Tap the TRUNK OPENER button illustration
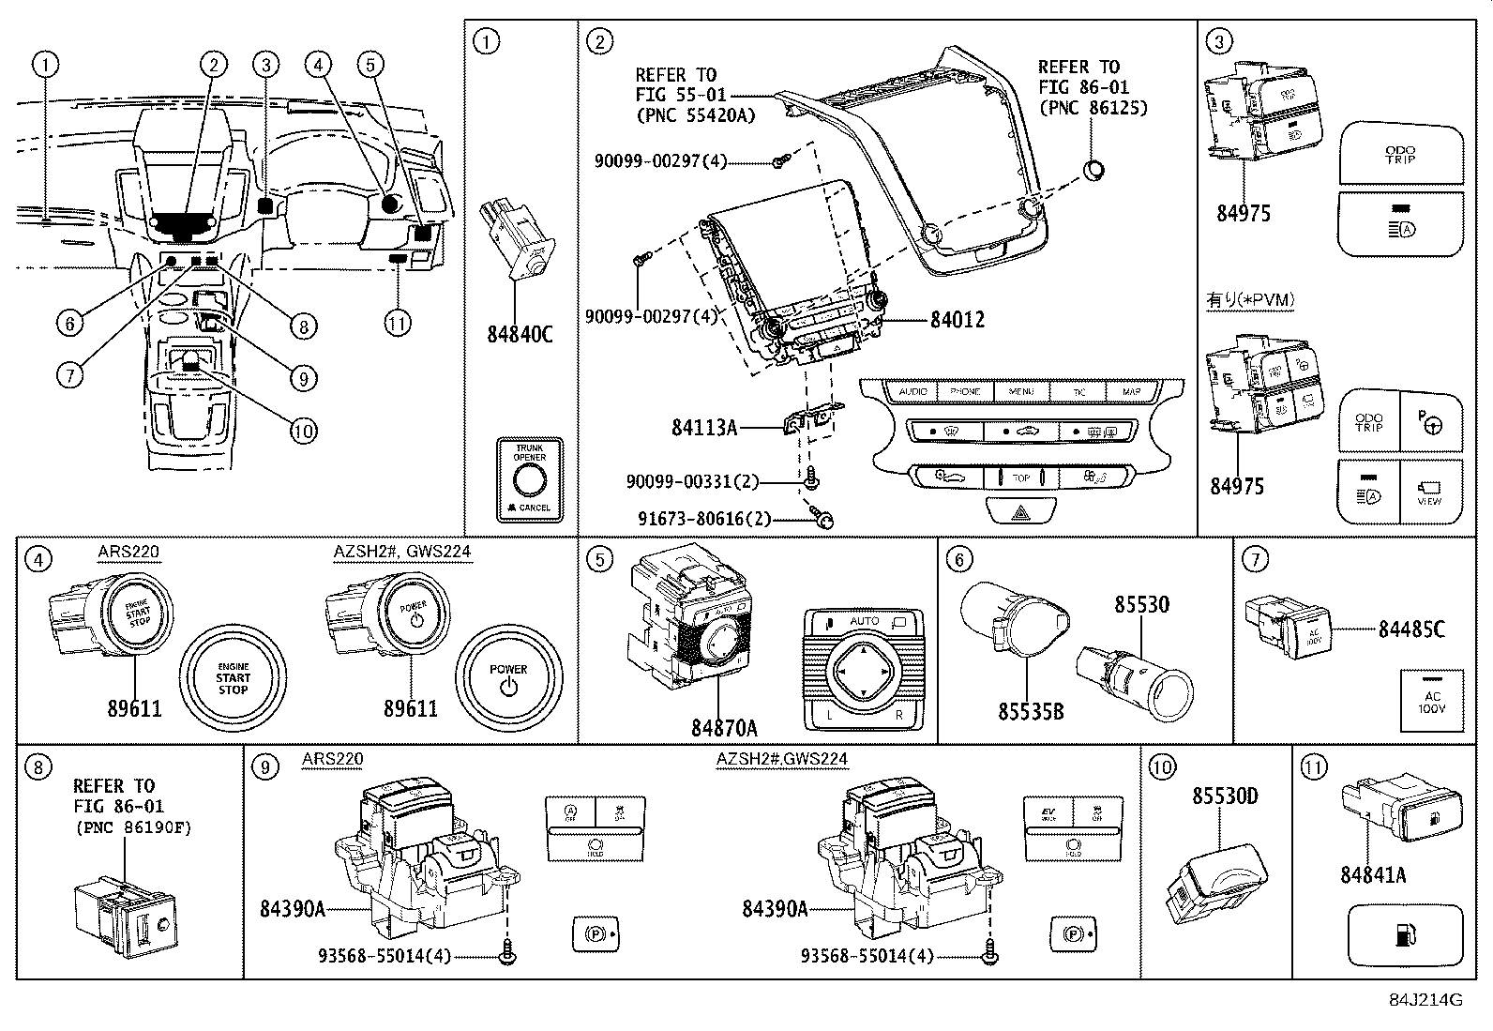(529, 479)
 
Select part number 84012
(958, 320)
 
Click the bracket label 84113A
(703, 428)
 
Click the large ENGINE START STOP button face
(233, 675)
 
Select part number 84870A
(724, 727)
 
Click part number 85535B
(1030, 712)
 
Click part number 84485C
(1410, 629)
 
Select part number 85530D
(1225, 796)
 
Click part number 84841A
(1373, 874)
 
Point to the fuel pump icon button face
(1405, 935)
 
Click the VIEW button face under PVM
(1430, 490)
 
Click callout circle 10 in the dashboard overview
(303, 431)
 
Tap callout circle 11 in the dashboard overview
(398, 324)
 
